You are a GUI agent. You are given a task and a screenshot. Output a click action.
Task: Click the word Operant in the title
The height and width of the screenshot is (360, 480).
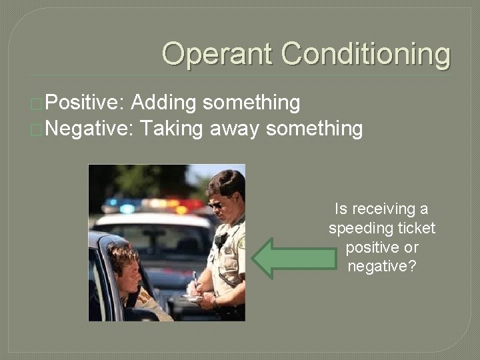[x=217, y=53]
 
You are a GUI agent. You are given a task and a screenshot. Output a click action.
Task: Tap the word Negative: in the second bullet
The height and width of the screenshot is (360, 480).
[x=90, y=128]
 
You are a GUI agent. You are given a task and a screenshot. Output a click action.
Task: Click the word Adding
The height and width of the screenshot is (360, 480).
[x=163, y=103]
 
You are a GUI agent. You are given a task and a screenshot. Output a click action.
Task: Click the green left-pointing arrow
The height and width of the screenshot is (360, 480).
[x=293, y=259]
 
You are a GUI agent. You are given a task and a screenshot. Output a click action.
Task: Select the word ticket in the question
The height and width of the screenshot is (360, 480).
[x=416, y=229]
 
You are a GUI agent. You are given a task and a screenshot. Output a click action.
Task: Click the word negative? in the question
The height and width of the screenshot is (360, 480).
[x=381, y=267]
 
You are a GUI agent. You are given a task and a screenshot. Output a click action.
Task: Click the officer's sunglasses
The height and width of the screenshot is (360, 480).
[x=217, y=204]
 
